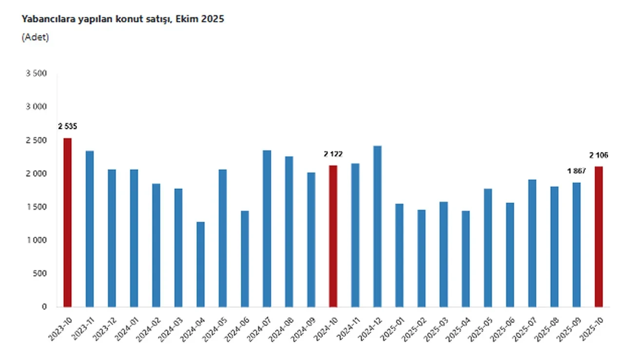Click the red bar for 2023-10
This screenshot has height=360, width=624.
pyautogui.click(x=67, y=222)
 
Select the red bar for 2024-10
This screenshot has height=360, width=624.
pyautogui.click(x=333, y=236)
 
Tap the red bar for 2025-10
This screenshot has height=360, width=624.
pyautogui.click(x=599, y=237)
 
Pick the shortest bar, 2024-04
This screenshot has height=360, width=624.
pyautogui.click(x=200, y=264)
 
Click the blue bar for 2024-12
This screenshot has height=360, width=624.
pyautogui.click(x=377, y=226)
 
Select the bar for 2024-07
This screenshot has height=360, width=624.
pyautogui.click(x=267, y=229)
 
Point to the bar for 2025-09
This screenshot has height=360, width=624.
pyautogui.click(x=577, y=244)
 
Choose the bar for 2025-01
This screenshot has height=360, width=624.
pyautogui.click(x=399, y=255)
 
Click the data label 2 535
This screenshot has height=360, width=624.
pyautogui.click(x=67, y=127)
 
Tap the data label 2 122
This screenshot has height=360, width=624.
pyautogui.click(x=333, y=154)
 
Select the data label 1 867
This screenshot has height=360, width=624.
pyautogui.click(x=576, y=171)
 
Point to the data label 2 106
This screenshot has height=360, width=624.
pyautogui.click(x=599, y=155)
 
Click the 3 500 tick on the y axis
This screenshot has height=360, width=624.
pyautogui.click(x=37, y=74)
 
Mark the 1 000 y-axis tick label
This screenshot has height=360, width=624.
pyautogui.click(x=37, y=240)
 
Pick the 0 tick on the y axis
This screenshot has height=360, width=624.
pyautogui.click(x=44, y=307)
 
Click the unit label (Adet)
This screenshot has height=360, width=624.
pyautogui.click(x=35, y=37)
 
